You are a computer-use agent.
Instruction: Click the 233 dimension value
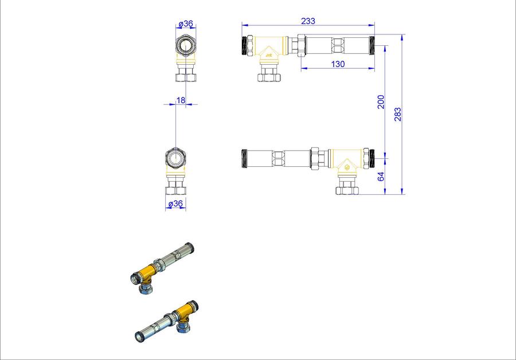pos(308,21)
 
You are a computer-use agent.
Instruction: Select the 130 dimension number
pos(338,64)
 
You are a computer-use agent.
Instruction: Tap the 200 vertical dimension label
pos(381,101)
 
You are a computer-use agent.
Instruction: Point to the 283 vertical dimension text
pos(398,114)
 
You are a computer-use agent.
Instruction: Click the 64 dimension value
pos(381,177)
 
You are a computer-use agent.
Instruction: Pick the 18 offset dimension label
pos(181,100)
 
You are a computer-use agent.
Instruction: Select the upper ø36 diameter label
pos(186,24)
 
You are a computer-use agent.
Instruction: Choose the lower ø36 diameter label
pos(175,204)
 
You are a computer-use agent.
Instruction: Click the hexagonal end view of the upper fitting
pos(186,45)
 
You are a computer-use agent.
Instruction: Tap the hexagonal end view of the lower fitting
pos(176,159)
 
